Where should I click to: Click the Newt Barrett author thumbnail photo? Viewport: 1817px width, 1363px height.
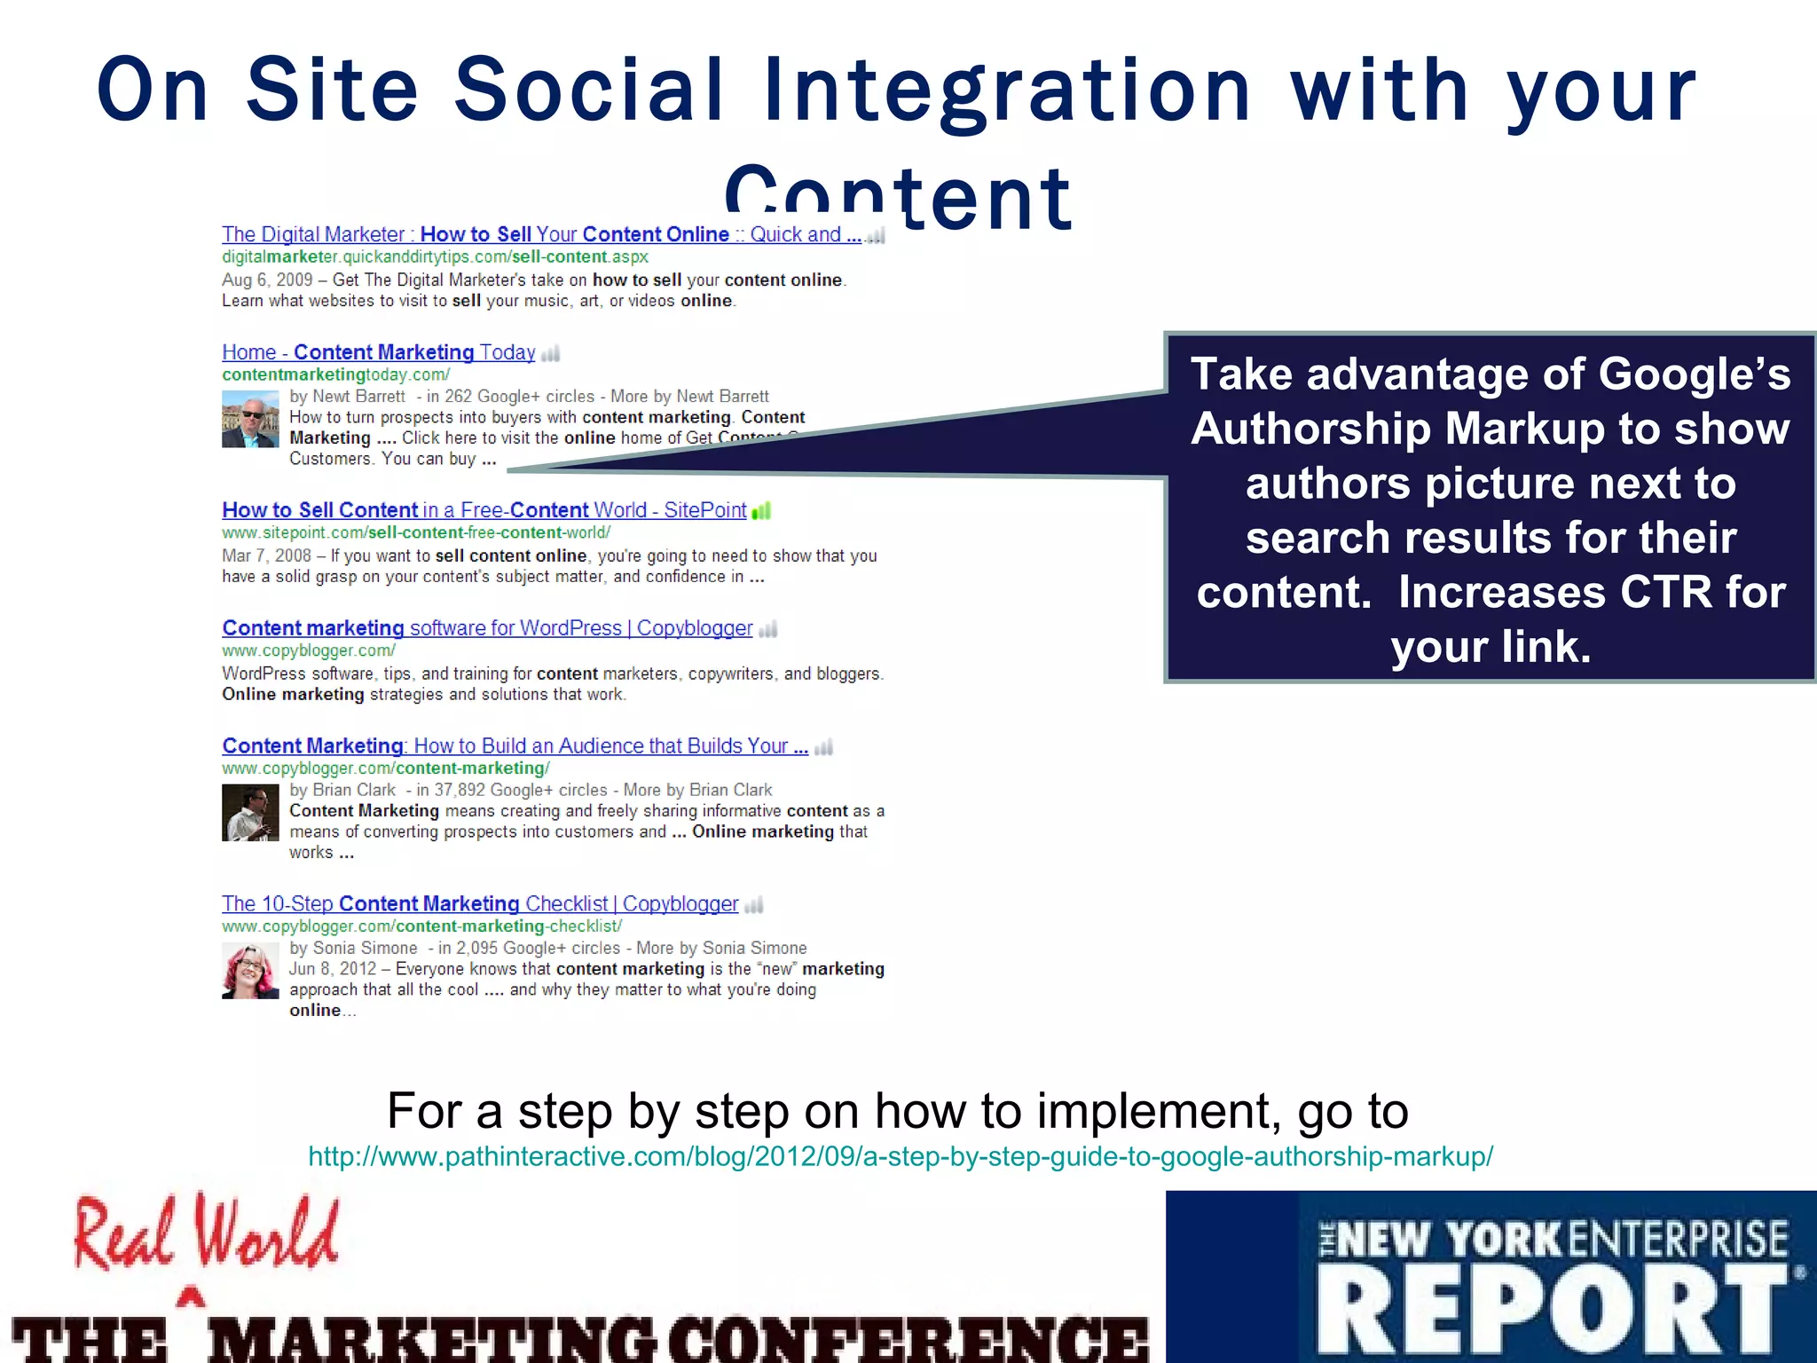pyautogui.click(x=250, y=419)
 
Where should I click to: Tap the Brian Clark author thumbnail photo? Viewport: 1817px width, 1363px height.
pyautogui.click(x=250, y=812)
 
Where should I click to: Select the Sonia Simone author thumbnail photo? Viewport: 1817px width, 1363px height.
pyautogui.click(x=250, y=971)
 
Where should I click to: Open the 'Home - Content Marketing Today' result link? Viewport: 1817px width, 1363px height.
pyautogui.click(x=379, y=352)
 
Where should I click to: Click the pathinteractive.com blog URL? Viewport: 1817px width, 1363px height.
pyautogui.click(x=901, y=1156)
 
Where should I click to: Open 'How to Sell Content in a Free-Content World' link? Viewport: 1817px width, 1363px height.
pyautogui.click(x=484, y=510)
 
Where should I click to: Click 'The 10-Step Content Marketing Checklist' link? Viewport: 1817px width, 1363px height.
pyautogui.click(x=480, y=903)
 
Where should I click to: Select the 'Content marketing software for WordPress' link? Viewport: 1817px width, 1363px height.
pyautogui.click(x=487, y=628)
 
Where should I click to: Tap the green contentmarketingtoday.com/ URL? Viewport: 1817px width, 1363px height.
pyautogui.click(x=335, y=374)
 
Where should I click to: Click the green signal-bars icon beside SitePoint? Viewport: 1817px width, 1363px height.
pyautogui.click(x=761, y=511)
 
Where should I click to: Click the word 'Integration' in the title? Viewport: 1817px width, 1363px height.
pyautogui.click(x=1007, y=91)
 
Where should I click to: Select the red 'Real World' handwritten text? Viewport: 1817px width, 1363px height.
pyautogui.click(x=206, y=1233)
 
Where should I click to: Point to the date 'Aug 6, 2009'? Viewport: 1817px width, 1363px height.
pyautogui.click(x=267, y=280)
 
